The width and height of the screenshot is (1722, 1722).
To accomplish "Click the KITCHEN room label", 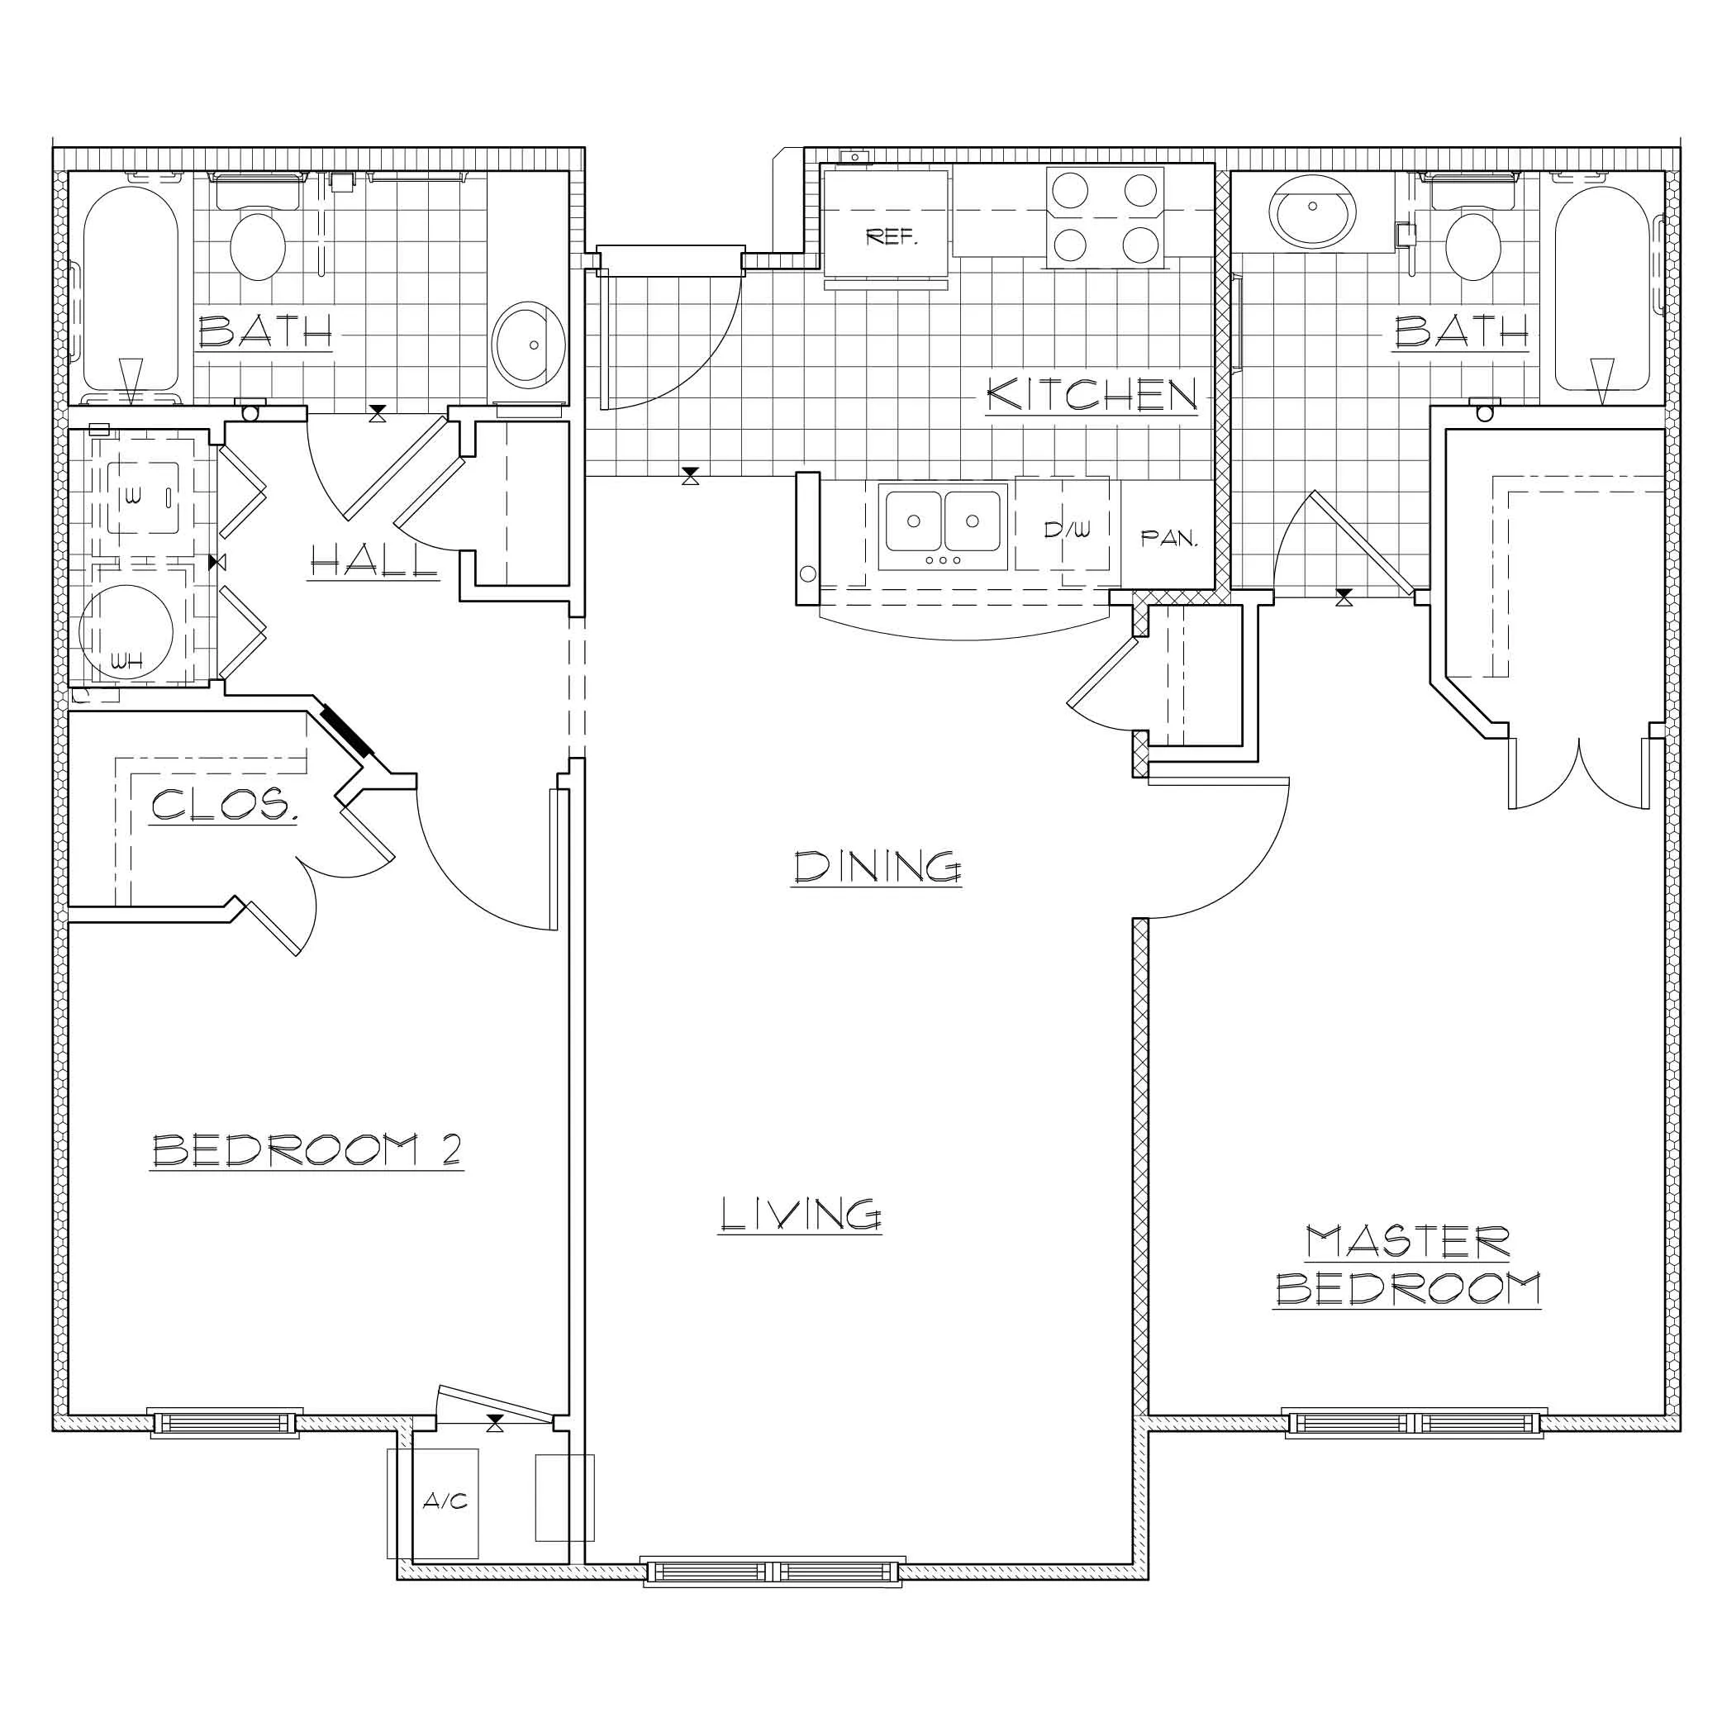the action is click(1091, 395).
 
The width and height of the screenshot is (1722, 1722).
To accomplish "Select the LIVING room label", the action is click(800, 1215).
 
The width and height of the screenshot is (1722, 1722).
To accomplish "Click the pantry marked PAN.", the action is click(1168, 535).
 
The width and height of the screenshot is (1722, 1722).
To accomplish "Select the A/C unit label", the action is click(445, 1502).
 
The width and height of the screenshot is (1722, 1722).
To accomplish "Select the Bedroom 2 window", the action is click(225, 1424).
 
